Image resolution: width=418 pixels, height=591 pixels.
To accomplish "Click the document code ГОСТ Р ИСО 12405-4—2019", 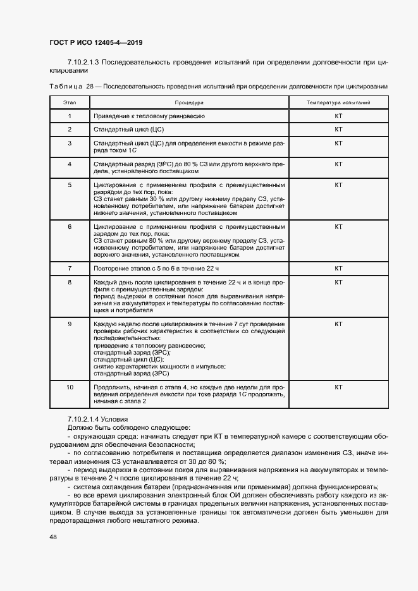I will point(95,43).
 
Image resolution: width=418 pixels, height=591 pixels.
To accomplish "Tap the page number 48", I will point(53,537).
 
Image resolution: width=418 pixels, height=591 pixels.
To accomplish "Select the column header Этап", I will point(70,102).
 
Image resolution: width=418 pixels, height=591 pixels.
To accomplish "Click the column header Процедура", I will point(188,102).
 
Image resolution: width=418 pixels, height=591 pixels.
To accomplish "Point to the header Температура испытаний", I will point(338,102).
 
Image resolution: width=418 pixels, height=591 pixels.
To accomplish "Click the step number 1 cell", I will point(70,116).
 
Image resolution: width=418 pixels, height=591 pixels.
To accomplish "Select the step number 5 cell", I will point(70,185).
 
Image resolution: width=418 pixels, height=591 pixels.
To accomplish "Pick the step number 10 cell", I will point(70,387).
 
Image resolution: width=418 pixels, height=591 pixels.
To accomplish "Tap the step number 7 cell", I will point(70,269).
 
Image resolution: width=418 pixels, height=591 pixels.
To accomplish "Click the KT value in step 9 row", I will point(338,324).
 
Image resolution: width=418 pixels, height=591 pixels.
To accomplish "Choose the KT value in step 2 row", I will point(338,130).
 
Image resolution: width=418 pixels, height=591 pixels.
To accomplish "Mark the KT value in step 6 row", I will point(338,226).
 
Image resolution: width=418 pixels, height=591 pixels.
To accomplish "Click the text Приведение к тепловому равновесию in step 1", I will point(149,116).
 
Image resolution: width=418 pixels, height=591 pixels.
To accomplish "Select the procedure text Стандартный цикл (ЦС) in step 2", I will point(129,130).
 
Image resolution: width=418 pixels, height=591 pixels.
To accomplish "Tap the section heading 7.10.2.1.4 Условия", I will point(97,419).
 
